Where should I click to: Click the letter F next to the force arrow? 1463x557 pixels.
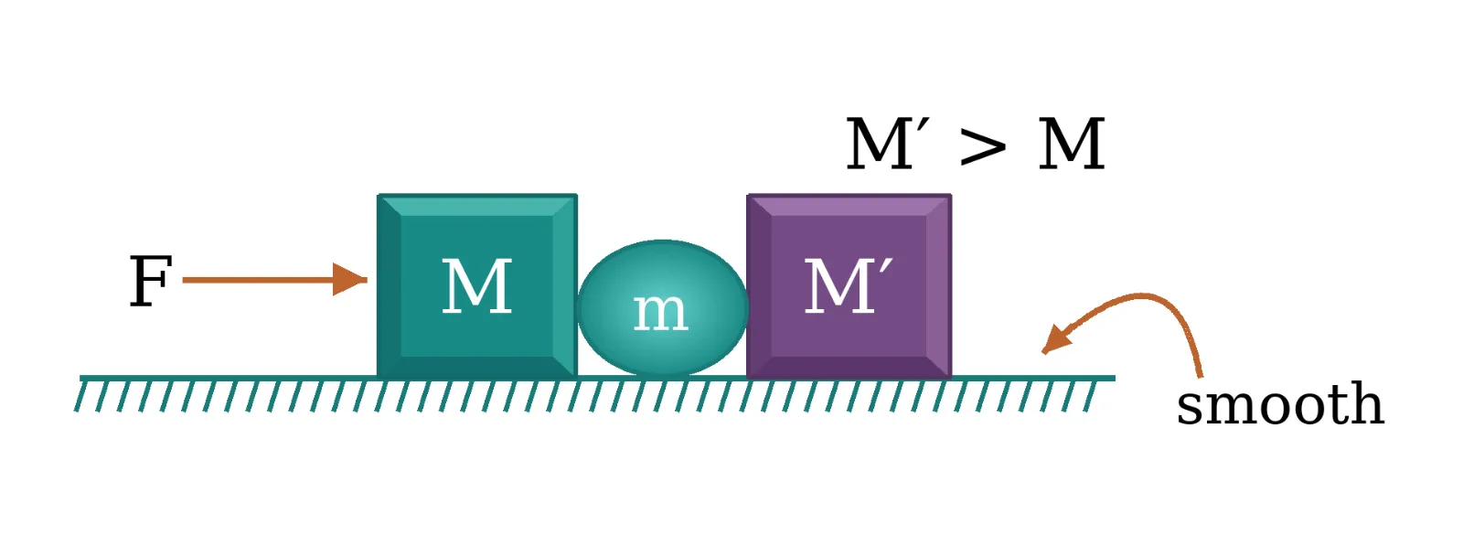[x=151, y=281]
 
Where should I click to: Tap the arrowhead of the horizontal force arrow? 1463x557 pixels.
[x=350, y=280]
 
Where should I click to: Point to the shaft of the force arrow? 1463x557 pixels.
[x=258, y=280]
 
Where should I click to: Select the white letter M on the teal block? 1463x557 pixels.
[x=476, y=286]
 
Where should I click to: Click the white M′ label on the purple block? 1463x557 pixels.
[x=848, y=286]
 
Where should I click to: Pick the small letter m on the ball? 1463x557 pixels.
[x=660, y=312]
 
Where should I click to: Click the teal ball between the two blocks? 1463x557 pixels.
[x=662, y=308]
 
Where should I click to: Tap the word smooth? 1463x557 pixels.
[x=1280, y=404]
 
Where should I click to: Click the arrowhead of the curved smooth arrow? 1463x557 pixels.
[x=1056, y=339]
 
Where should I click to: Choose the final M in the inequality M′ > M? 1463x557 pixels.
[x=1072, y=145]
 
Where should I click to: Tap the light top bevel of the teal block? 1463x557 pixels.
[x=476, y=205]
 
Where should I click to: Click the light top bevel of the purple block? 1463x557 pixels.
[x=849, y=205]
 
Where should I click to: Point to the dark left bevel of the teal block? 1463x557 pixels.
[x=390, y=286]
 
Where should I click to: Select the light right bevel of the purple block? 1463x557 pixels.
[x=939, y=286]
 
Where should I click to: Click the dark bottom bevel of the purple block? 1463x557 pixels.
[x=849, y=367]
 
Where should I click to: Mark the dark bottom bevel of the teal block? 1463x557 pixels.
[x=476, y=367]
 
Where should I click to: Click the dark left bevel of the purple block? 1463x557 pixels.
[x=760, y=286]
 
